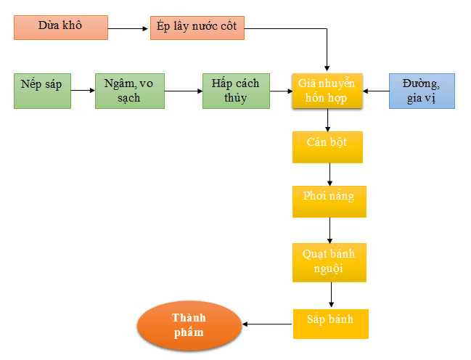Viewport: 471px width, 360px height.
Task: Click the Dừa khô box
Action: pyautogui.click(x=61, y=27)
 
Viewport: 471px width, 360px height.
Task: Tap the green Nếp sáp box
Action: pyautogui.click(x=42, y=91)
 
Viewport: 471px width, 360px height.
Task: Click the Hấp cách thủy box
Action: pyautogui.click(x=236, y=91)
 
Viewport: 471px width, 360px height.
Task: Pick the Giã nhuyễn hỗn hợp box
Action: pyautogui.click(x=327, y=91)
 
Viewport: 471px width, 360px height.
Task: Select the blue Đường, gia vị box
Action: pyautogui.click(x=422, y=91)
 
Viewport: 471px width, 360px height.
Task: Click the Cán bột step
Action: pyautogui.click(x=327, y=147)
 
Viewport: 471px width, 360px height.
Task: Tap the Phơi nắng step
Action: pyautogui.click(x=329, y=202)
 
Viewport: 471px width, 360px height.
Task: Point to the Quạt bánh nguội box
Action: pyautogui.click(x=329, y=262)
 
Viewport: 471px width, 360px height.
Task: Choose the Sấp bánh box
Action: pyautogui.click(x=331, y=323)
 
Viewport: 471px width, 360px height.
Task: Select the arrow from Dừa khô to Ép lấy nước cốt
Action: pyautogui.click(x=129, y=29)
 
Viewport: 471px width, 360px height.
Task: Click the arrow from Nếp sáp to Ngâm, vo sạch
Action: pyautogui.click(x=83, y=91)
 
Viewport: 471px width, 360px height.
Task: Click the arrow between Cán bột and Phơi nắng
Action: pyautogui.click(x=329, y=175)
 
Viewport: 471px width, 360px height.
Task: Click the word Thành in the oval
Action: pyautogui.click(x=189, y=318)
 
